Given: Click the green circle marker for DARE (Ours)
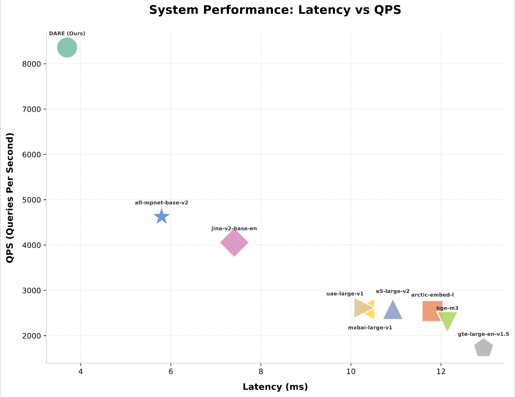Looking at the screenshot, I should pos(67,48).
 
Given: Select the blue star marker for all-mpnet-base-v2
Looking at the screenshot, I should pos(161,217).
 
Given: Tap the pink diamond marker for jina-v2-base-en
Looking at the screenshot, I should pos(234,243).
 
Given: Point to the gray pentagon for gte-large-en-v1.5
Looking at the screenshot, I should pos(483,348).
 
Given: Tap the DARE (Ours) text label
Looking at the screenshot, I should pos(67,34).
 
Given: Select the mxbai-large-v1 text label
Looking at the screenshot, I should pos(370,328).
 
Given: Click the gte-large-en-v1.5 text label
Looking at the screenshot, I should pos(483,334).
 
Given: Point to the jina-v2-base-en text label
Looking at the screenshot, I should pos(234,229).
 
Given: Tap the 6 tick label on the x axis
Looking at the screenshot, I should pos(171,372).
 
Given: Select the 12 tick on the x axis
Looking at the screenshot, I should pos(441,372).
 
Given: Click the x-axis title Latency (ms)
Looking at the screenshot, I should pos(275,387).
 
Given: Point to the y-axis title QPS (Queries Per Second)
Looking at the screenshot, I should pos(10,198).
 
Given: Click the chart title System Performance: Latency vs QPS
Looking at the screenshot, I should pos(275,10).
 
